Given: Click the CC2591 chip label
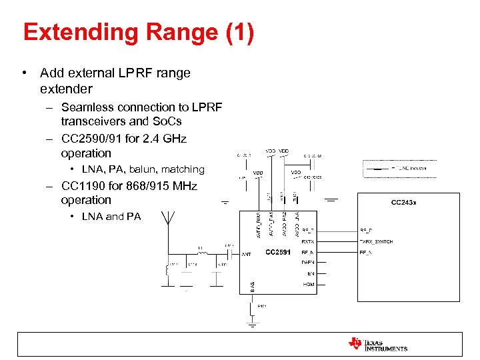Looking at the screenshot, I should click(279, 252).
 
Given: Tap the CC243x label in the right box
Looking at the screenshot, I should click(404, 202).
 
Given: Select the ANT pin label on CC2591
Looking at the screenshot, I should click(246, 254).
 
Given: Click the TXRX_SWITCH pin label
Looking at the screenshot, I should click(376, 241).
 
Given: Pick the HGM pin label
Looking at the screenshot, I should click(309, 285).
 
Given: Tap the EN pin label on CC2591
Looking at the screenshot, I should click(310, 274).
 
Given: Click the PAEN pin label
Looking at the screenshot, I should click(308, 263).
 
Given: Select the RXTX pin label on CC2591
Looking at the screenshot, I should click(308, 241).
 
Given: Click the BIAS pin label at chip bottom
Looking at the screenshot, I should click(252, 286).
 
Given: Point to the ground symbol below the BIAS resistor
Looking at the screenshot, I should click(252, 324).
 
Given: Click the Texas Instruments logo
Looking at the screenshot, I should click(378, 344).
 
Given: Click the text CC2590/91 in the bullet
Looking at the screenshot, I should click(92, 139).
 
